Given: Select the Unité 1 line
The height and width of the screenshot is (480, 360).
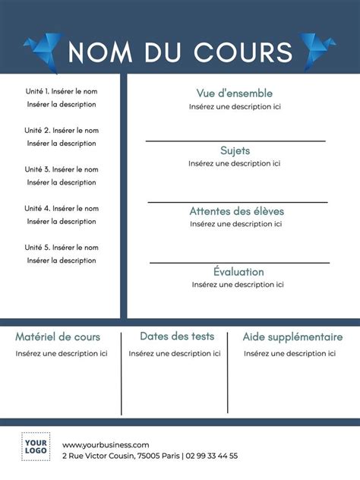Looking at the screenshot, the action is (62, 91).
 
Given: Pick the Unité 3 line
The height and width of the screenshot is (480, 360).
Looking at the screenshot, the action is (62, 169).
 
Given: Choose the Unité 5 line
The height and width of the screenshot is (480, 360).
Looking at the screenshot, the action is (62, 248).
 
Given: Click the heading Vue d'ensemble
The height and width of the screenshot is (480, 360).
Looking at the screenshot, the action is (234, 93).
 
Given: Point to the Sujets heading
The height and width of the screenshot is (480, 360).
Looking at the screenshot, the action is (235, 150).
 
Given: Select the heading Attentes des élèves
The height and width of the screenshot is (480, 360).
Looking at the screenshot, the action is (235, 211).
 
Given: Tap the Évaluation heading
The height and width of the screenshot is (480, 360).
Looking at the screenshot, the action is (238, 271).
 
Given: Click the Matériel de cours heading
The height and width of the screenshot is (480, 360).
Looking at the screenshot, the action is (58, 336).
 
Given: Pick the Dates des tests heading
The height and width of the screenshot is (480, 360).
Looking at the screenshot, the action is (177, 336).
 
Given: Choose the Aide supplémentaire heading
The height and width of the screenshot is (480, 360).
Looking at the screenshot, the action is (292, 336).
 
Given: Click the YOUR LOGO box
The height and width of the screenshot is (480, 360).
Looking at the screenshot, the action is (35, 447).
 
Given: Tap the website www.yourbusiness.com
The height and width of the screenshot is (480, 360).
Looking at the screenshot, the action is (106, 444).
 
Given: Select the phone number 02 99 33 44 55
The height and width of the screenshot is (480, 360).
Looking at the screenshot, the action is (212, 456).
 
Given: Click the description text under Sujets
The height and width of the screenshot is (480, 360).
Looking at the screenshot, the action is (235, 163).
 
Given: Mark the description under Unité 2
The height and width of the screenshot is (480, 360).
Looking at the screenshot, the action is (62, 144).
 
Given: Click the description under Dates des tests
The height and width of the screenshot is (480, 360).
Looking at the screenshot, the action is (175, 353).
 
